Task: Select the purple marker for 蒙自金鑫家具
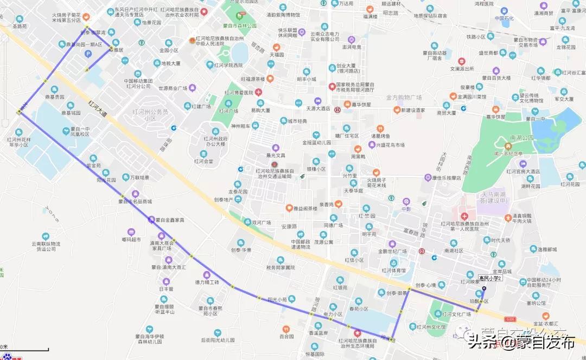click(x=151, y=220)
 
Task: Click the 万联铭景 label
click(x=139, y=177)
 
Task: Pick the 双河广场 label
click(x=262, y=222)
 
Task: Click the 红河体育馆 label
click(x=393, y=269)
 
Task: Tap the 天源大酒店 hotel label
click(x=319, y=108)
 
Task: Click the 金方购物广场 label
click(x=404, y=98)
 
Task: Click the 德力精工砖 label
click(x=207, y=282)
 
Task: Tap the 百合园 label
click(x=286, y=336)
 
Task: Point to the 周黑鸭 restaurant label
click(x=358, y=156)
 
